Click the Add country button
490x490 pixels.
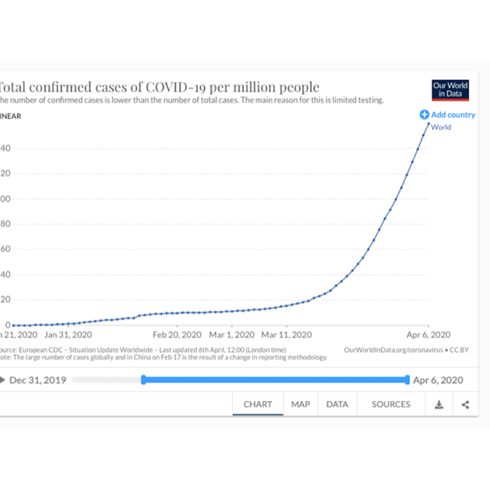point(447,115)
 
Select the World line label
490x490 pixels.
point(441,127)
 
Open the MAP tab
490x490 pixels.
point(300,404)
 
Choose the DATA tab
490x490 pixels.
point(337,404)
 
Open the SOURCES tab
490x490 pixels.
point(391,404)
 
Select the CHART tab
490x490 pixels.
point(258,404)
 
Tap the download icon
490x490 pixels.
point(439,405)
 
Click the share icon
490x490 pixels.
point(466,405)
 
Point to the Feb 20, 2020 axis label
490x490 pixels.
point(176,335)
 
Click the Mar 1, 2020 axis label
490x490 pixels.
point(232,335)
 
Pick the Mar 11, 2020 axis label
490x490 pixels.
point(287,335)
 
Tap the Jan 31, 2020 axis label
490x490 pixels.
point(68,335)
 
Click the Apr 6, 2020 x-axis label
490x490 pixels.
point(429,335)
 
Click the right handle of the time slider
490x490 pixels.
point(407,380)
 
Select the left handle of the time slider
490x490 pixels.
point(143,380)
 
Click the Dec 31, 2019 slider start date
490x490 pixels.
point(38,380)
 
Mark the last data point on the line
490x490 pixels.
point(428,123)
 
